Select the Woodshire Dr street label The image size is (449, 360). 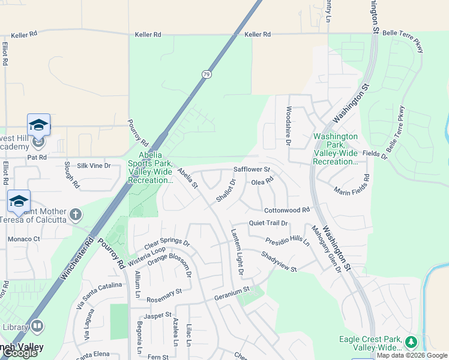(289, 127)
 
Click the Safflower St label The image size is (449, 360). (252, 170)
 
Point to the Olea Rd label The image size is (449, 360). (262, 181)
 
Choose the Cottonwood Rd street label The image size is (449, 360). (287, 210)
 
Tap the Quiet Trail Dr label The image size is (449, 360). (268, 223)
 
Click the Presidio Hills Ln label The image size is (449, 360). (288, 242)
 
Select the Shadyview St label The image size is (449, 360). (279, 262)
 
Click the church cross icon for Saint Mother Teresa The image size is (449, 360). (76, 214)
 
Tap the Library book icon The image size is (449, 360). (37, 326)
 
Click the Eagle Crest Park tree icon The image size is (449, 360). (411, 342)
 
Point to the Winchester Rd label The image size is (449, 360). (77, 259)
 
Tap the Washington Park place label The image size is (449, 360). (336, 149)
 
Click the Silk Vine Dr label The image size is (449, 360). (94, 165)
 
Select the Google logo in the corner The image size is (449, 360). (20, 353)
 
